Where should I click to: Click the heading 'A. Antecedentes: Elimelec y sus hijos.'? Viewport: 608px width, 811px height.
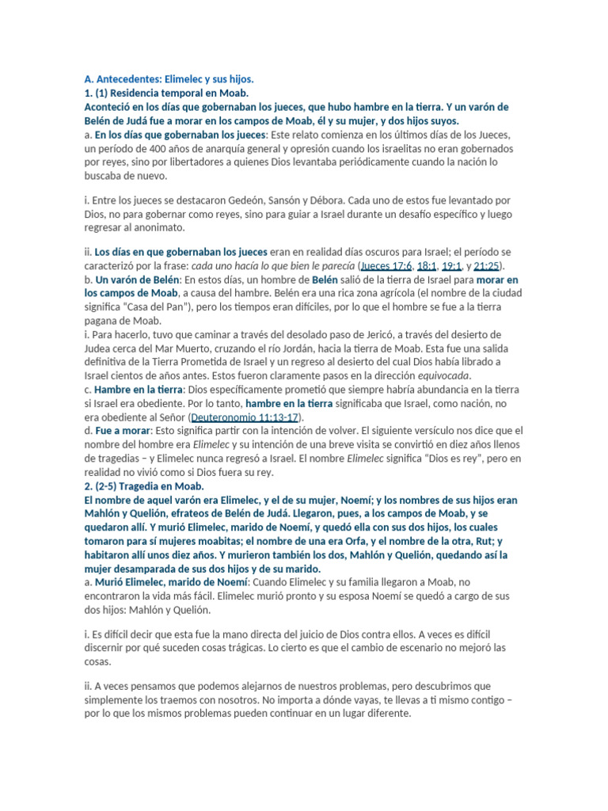click(x=169, y=79)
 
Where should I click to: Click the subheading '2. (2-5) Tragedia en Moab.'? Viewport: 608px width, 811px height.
click(x=144, y=486)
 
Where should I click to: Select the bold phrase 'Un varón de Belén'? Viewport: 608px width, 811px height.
click(x=138, y=280)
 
